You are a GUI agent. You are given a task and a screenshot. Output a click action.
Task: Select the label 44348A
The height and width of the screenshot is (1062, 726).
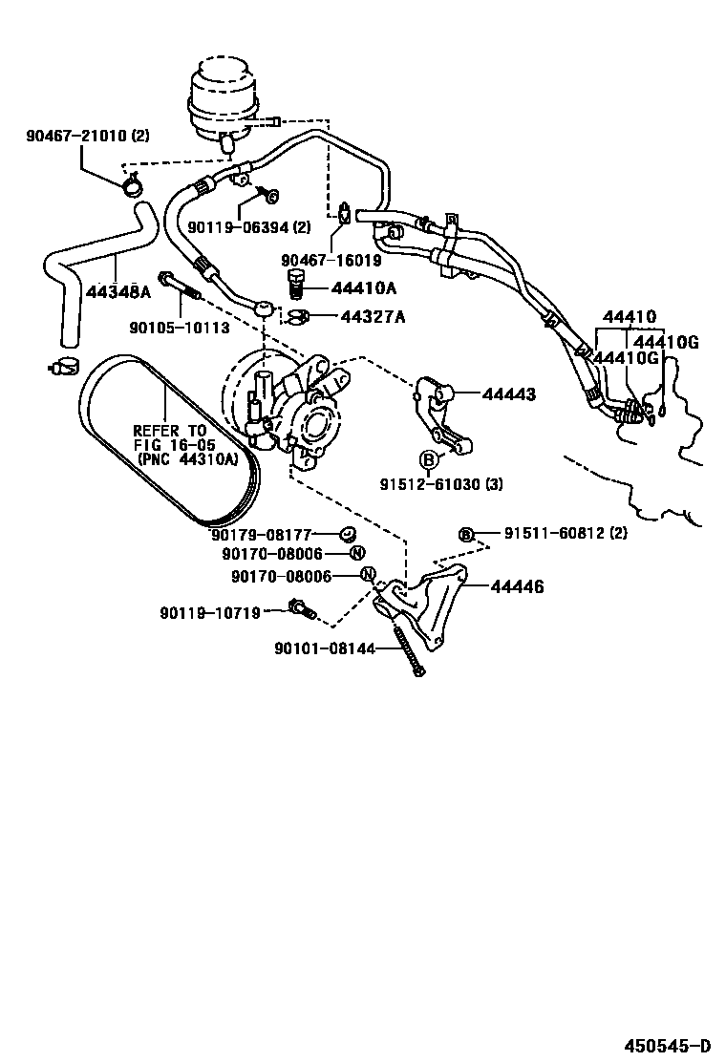tap(119, 291)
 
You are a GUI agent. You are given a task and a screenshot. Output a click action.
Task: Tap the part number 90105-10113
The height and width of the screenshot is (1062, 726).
tap(181, 328)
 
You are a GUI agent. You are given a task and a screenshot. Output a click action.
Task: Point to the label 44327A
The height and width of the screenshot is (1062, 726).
tap(369, 316)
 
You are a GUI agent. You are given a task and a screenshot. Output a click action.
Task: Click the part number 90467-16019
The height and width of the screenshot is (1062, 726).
tap(331, 260)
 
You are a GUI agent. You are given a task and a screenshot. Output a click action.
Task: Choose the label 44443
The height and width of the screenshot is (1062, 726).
tap(508, 393)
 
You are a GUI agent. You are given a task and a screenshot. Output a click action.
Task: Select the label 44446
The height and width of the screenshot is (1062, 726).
tap(517, 586)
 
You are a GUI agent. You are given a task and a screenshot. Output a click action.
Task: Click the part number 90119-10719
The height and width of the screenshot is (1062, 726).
tap(210, 612)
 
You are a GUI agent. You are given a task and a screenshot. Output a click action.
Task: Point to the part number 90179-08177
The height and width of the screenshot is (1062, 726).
tap(262, 534)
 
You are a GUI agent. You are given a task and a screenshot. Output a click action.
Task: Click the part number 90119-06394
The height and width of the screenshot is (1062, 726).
tap(236, 227)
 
